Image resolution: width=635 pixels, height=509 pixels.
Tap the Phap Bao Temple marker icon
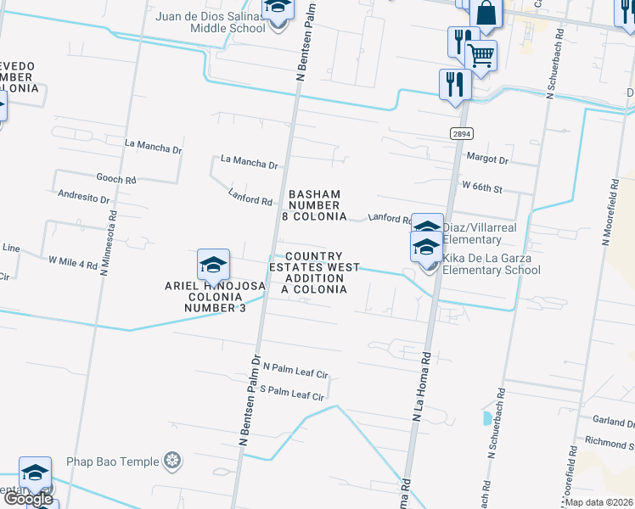(x=173, y=461)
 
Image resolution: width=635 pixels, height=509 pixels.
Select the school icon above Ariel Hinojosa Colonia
(x=213, y=266)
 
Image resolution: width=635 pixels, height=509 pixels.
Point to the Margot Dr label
(x=487, y=159)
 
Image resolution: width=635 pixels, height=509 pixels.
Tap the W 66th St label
(x=482, y=185)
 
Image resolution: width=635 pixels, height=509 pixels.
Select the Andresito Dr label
(x=84, y=199)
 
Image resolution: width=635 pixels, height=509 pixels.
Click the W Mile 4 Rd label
(x=73, y=264)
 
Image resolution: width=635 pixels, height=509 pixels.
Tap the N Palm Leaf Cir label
(x=295, y=368)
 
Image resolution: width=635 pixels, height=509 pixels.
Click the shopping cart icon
(x=480, y=57)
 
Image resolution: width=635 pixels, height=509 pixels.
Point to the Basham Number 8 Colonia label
(x=314, y=205)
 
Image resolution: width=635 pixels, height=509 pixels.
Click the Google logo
(x=28, y=498)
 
